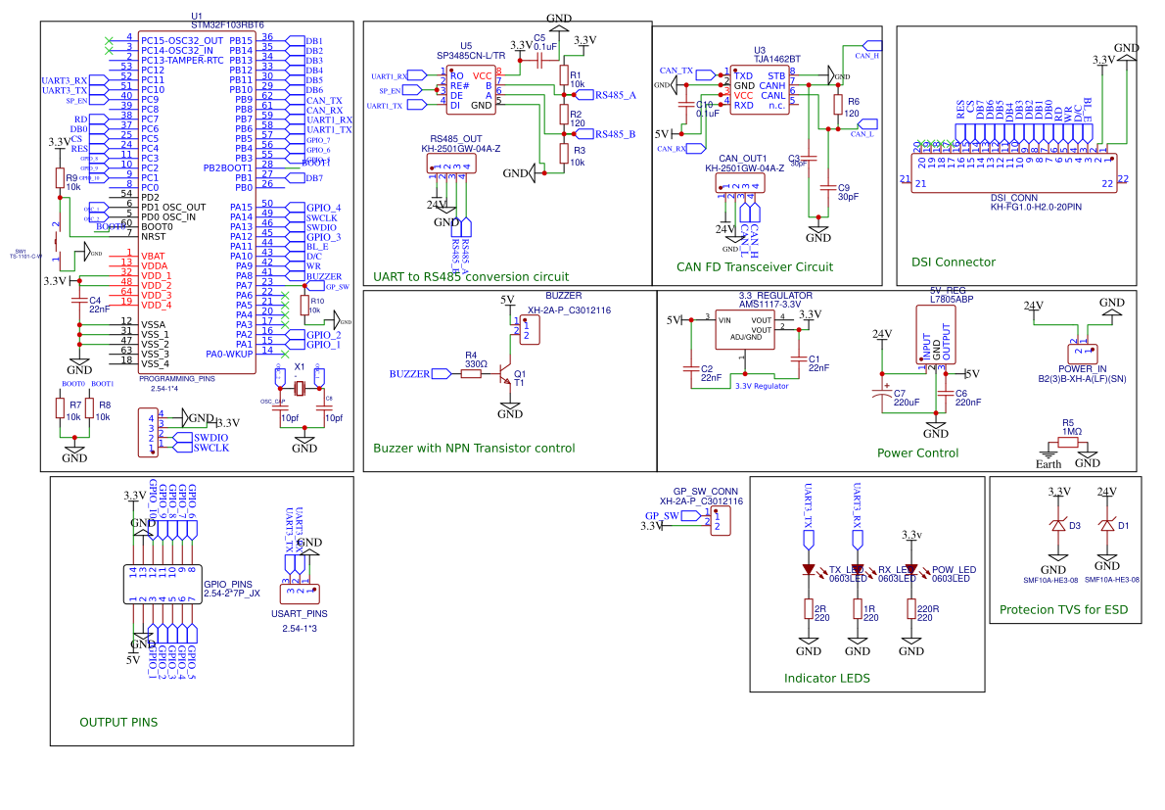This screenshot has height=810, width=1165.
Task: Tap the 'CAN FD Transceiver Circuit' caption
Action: click(x=755, y=266)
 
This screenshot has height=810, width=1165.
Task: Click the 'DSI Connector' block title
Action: click(x=953, y=262)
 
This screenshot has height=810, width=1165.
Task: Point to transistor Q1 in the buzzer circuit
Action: click(x=506, y=374)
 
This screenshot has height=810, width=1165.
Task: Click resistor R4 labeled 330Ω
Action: click(x=476, y=373)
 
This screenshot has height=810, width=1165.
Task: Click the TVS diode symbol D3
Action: click(x=1057, y=526)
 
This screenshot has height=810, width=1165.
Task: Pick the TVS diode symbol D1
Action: click(x=1107, y=526)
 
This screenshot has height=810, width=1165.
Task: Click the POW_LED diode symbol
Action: click(x=911, y=569)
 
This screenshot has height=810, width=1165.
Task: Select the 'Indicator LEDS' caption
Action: click(x=826, y=678)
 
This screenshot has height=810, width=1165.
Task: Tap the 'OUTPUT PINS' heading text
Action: click(x=118, y=722)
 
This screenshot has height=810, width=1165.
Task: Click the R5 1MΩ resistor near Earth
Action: click(x=1068, y=443)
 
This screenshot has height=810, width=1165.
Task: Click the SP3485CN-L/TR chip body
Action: click(x=470, y=90)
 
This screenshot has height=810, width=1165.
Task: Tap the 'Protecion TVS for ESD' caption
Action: click(x=1063, y=610)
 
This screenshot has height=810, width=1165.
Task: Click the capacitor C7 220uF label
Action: click(x=906, y=402)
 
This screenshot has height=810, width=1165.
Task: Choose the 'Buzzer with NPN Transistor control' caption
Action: click(x=474, y=448)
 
